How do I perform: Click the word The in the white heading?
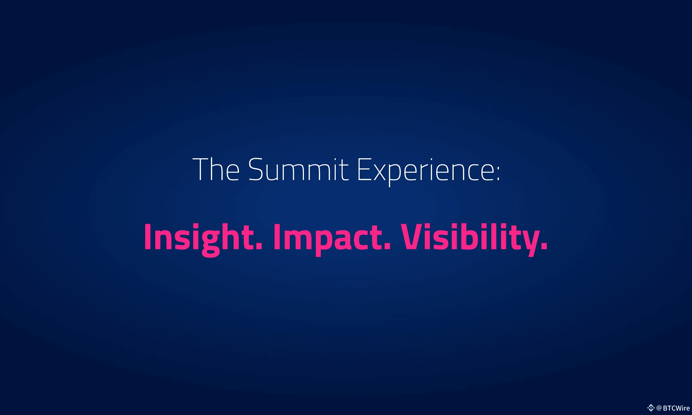(x=216, y=169)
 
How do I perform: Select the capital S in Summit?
(x=256, y=169)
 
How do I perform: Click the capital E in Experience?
(x=365, y=169)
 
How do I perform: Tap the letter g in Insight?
(x=211, y=243)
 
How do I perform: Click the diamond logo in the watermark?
(x=650, y=408)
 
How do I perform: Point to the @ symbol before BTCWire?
(x=659, y=408)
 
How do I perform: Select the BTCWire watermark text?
(x=676, y=408)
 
